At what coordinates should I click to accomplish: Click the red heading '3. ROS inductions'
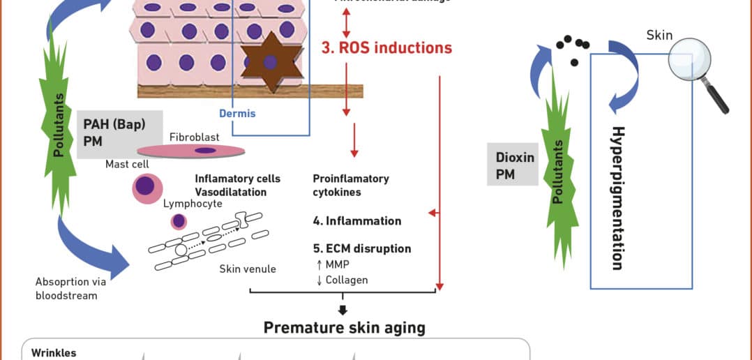pyautogui.click(x=386, y=48)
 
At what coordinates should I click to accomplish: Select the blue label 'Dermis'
pyautogui.click(x=238, y=113)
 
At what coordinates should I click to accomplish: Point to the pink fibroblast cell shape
pyautogui.click(x=191, y=150)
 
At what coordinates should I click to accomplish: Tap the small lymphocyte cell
pyautogui.click(x=179, y=221)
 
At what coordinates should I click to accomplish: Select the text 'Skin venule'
pyautogui.click(x=248, y=269)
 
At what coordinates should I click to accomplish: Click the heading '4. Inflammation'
pyautogui.click(x=356, y=221)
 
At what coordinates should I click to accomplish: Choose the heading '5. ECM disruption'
pyautogui.click(x=361, y=248)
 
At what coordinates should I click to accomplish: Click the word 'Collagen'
pyautogui.click(x=347, y=280)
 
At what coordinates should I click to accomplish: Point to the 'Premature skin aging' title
pyautogui.click(x=344, y=327)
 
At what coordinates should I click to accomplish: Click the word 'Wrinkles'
pyautogui.click(x=54, y=353)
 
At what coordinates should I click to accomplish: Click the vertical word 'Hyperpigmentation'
pyautogui.click(x=617, y=197)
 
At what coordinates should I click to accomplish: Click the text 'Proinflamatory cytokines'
pyautogui.click(x=351, y=185)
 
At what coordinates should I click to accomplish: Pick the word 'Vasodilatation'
pyautogui.click(x=231, y=192)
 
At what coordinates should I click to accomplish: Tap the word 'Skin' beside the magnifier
pyautogui.click(x=659, y=35)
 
